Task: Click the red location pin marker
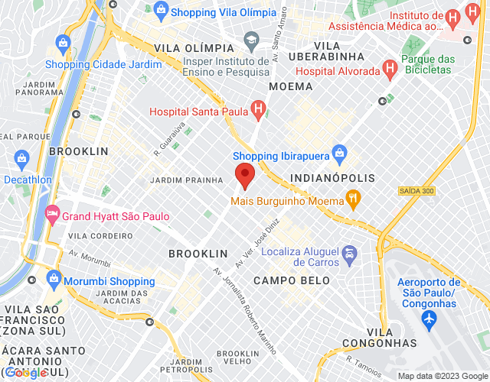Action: [x=244, y=174]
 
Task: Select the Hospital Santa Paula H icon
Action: [x=260, y=112]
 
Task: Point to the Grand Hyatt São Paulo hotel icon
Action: [x=53, y=216]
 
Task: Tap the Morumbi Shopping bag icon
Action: [x=53, y=280]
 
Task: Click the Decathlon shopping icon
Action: [x=21, y=159]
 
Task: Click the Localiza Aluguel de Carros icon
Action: [x=349, y=252]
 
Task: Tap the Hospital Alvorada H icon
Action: [x=390, y=70]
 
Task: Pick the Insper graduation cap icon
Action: [x=250, y=39]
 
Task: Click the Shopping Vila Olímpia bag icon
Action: [x=161, y=12]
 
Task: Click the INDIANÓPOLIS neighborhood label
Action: [x=333, y=178]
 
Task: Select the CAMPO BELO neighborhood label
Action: [x=292, y=281]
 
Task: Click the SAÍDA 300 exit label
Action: [x=416, y=190]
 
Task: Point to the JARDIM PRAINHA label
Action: [x=187, y=180]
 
